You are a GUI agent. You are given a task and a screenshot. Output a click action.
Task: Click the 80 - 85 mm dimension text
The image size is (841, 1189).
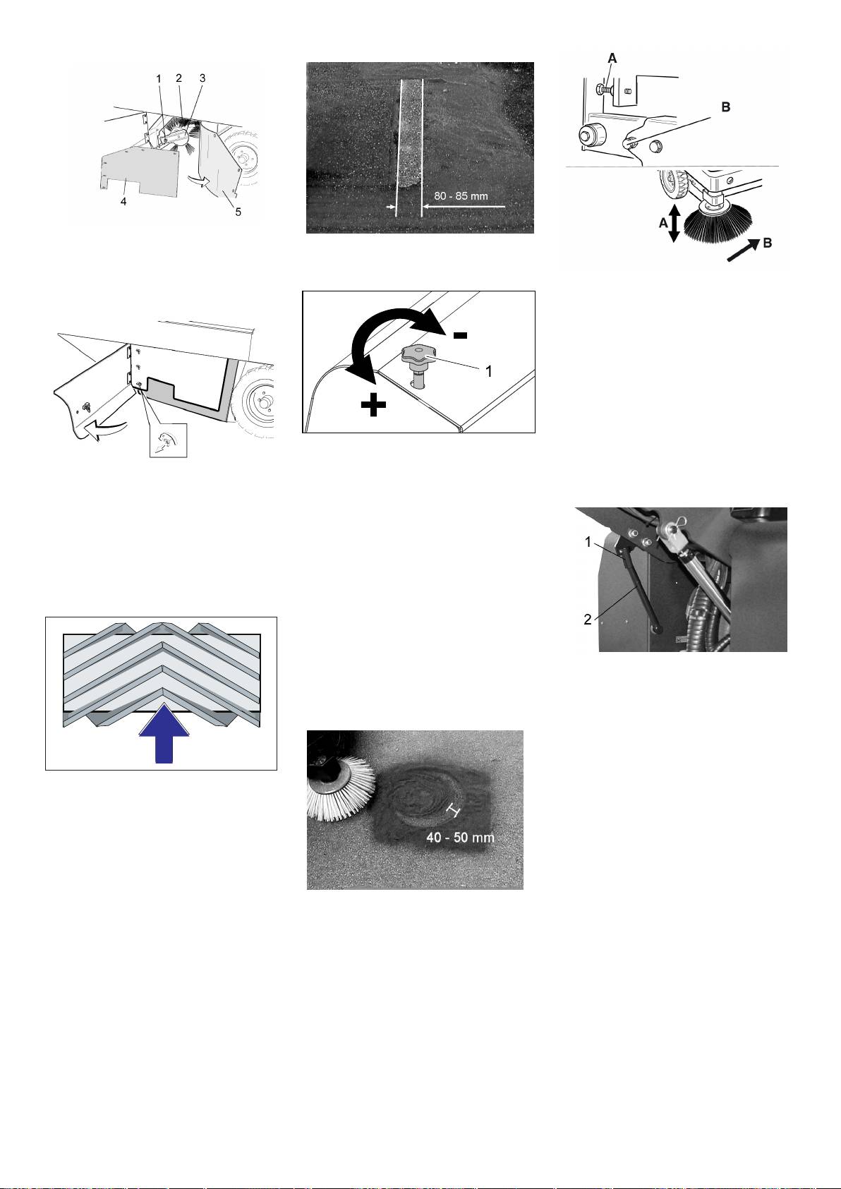click(x=461, y=196)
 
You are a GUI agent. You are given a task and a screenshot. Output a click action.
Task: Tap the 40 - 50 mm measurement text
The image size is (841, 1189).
click(x=460, y=837)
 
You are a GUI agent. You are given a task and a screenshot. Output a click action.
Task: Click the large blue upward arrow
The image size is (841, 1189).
click(x=164, y=733)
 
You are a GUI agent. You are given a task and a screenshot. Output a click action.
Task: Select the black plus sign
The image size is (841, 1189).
click(x=373, y=406)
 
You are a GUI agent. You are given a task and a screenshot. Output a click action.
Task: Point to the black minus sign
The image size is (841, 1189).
click(x=460, y=335)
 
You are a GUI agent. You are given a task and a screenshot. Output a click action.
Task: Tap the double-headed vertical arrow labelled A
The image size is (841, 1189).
click(x=674, y=224)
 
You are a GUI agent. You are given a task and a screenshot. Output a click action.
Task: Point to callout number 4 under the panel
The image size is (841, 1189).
click(x=123, y=202)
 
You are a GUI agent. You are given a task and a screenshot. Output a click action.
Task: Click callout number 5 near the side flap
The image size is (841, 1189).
click(x=238, y=212)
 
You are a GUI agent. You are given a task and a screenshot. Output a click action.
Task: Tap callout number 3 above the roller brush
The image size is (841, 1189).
click(x=202, y=78)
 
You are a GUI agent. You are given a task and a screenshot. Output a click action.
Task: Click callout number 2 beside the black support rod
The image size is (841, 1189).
click(x=588, y=620)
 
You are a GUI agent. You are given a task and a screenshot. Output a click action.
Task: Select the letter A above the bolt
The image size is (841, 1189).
click(x=612, y=59)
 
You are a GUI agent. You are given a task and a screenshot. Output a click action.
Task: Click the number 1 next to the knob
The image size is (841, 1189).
click(x=489, y=371)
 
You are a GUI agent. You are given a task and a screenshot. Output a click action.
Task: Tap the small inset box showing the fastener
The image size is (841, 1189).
click(x=168, y=440)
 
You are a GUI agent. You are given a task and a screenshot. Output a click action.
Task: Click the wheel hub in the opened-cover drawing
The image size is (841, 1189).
click(x=262, y=401)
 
